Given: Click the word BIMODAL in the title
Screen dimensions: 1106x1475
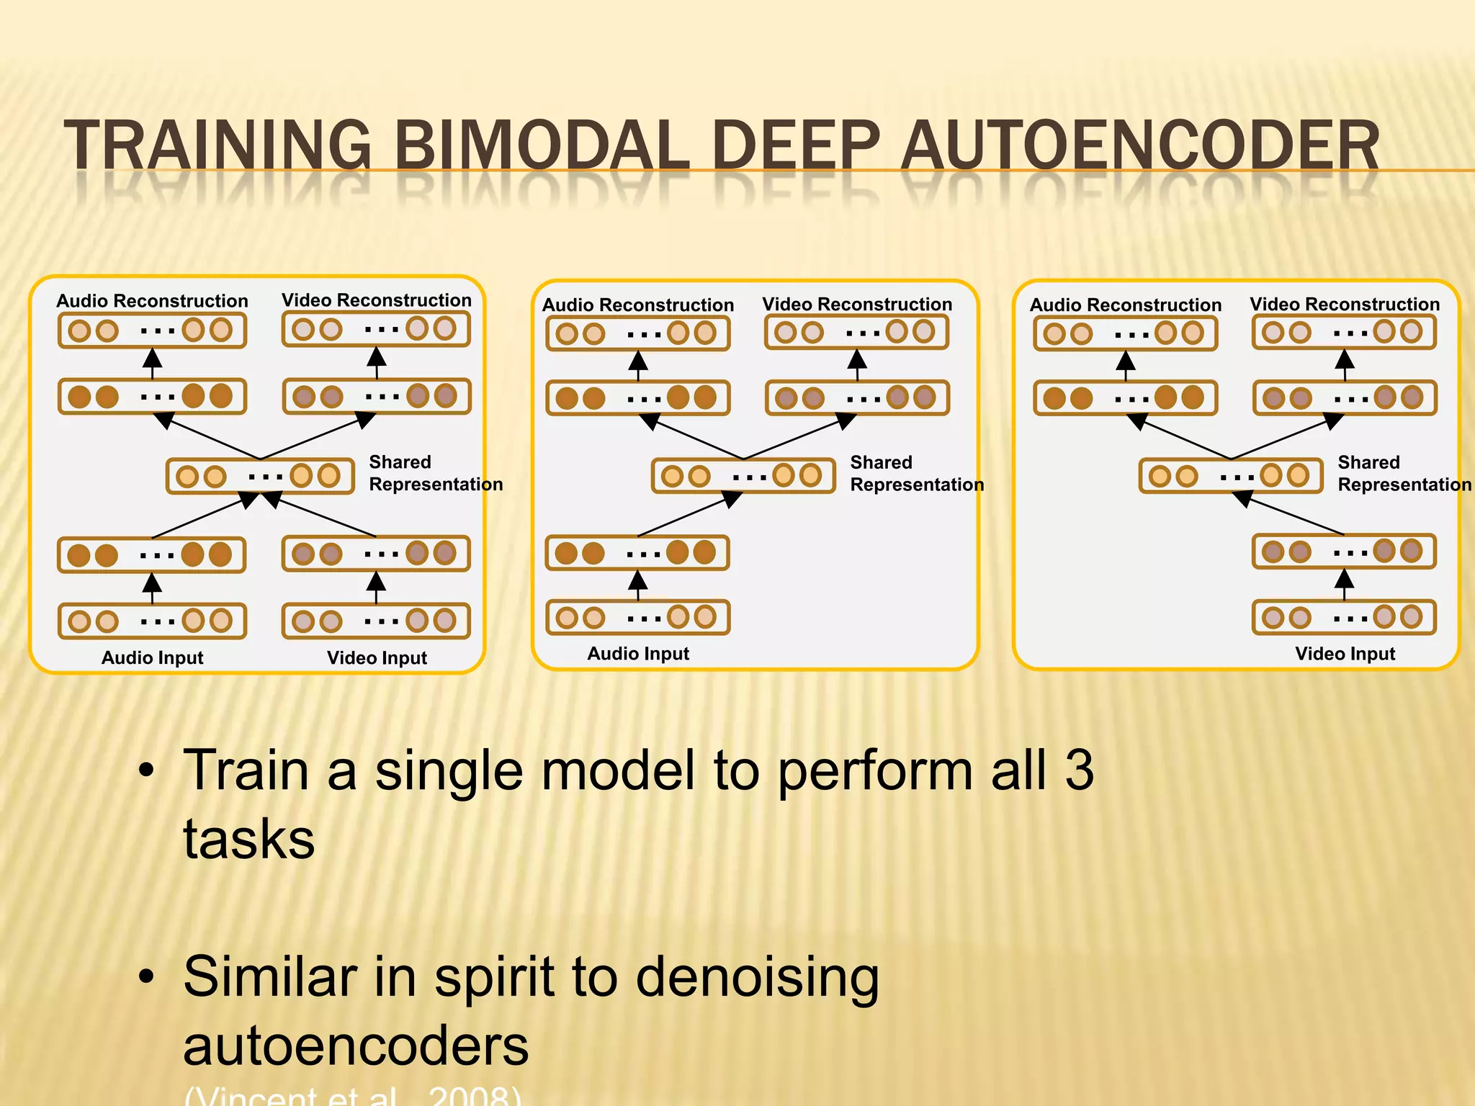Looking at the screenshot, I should (x=540, y=145).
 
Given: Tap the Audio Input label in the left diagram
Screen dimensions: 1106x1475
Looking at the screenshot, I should (x=152, y=657).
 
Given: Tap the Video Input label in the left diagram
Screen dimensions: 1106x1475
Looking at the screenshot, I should (x=377, y=657).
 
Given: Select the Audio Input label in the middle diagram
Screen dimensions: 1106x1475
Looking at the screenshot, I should (x=638, y=653).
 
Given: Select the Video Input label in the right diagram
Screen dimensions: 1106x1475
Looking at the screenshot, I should (x=1345, y=653).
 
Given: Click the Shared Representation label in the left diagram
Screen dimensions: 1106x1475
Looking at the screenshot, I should (x=435, y=473).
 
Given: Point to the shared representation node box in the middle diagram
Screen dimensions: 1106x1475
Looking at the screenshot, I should (x=743, y=476).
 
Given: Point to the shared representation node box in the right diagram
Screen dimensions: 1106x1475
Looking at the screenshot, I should (x=1230, y=476).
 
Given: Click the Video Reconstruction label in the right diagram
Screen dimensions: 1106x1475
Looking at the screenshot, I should (x=1345, y=304).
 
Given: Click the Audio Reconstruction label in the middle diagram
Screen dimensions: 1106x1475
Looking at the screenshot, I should (x=638, y=305).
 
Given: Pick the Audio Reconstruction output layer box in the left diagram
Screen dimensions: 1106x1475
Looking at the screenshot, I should (x=152, y=331).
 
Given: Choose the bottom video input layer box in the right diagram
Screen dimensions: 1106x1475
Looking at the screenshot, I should (x=1344, y=617).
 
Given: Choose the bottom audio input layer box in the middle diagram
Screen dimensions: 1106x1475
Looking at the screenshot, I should (x=637, y=617).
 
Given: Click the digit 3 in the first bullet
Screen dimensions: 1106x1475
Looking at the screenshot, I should (x=1078, y=770).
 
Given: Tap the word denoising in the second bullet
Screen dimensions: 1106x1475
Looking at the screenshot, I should (x=757, y=978).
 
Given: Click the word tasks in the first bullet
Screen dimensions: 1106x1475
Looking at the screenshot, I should (x=248, y=840).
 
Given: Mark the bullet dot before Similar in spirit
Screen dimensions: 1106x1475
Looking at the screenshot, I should (x=147, y=977).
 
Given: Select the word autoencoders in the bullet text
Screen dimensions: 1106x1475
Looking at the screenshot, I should (x=356, y=1046).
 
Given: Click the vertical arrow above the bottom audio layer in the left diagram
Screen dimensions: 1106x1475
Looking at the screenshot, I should (x=152, y=588).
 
